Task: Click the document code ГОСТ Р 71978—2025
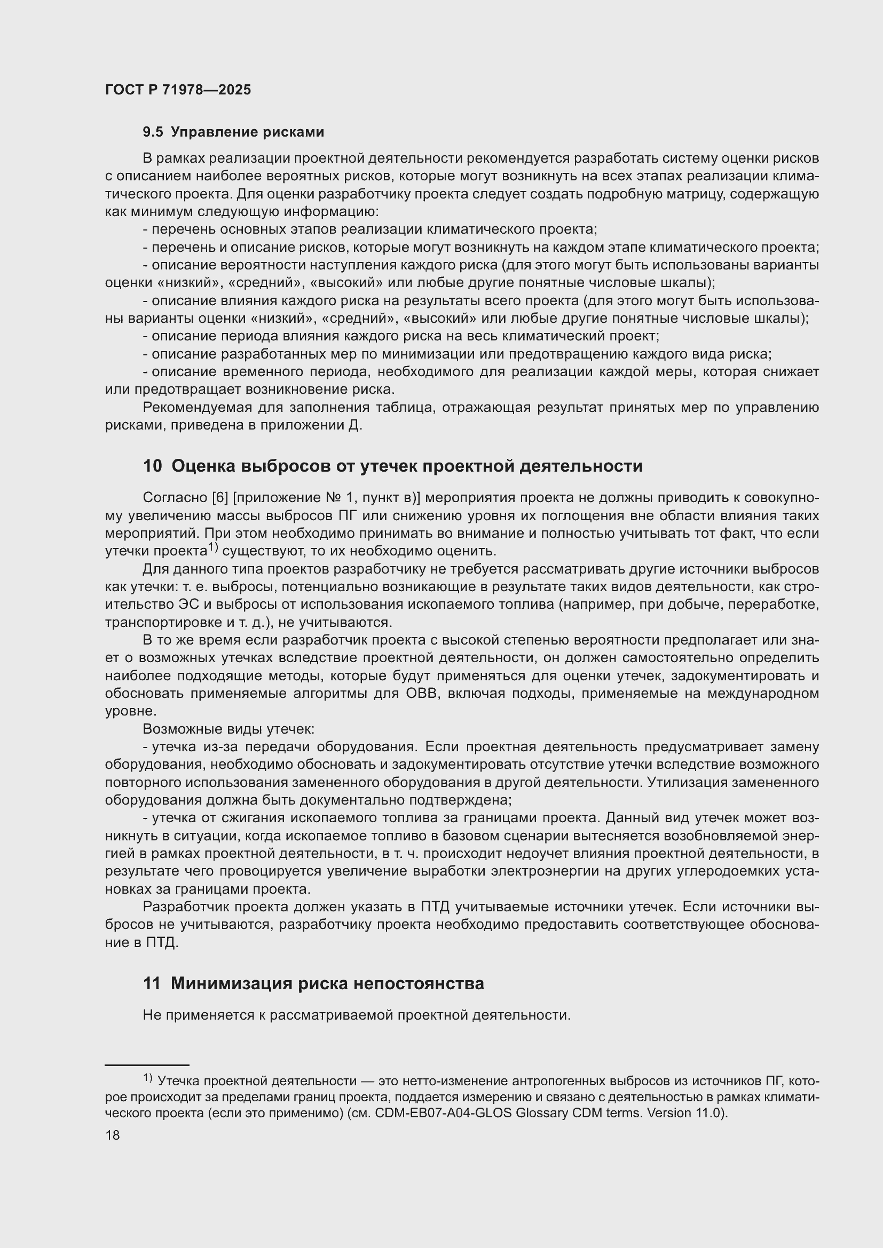click(x=178, y=90)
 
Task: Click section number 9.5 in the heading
click(x=153, y=132)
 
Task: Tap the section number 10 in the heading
click(x=152, y=466)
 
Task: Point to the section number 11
click(x=152, y=983)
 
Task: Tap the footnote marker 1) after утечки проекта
click(x=213, y=548)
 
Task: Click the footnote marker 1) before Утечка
click(x=148, y=1077)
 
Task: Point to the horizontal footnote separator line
click(x=147, y=1065)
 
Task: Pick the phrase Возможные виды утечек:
click(x=228, y=729)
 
